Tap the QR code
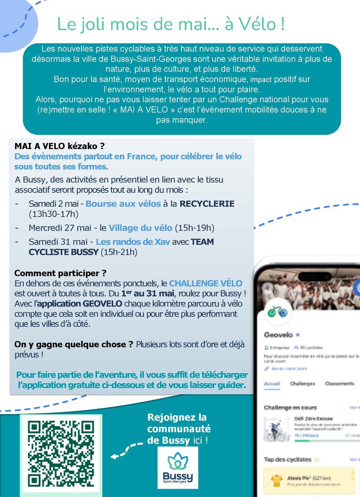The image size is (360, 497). click(x=61, y=454)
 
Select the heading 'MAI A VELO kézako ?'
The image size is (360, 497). click(x=56, y=146)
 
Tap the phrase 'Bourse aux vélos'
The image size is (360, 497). click(x=123, y=204)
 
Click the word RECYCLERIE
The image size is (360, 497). click(x=207, y=204)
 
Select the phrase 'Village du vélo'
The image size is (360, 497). click(x=140, y=228)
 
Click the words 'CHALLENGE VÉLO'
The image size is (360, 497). click(x=205, y=283)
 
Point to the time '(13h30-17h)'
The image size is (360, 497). click(x=53, y=214)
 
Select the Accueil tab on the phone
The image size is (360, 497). click(x=272, y=383)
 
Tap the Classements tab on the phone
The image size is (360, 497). click(x=340, y=383)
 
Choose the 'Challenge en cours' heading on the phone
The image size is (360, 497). click(x=290, y=408)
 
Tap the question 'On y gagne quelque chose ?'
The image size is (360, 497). click(x=70, y=344)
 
